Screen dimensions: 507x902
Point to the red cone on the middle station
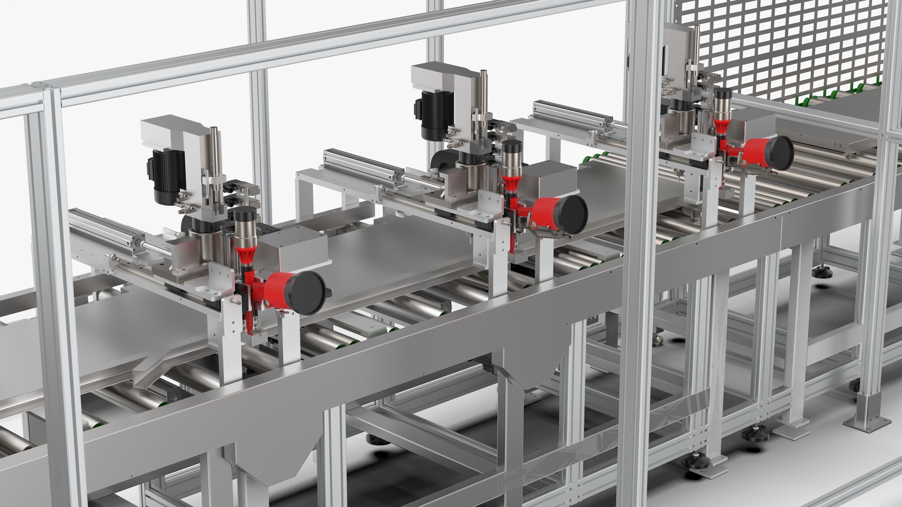pyautogui.click(x=511, y=184)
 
